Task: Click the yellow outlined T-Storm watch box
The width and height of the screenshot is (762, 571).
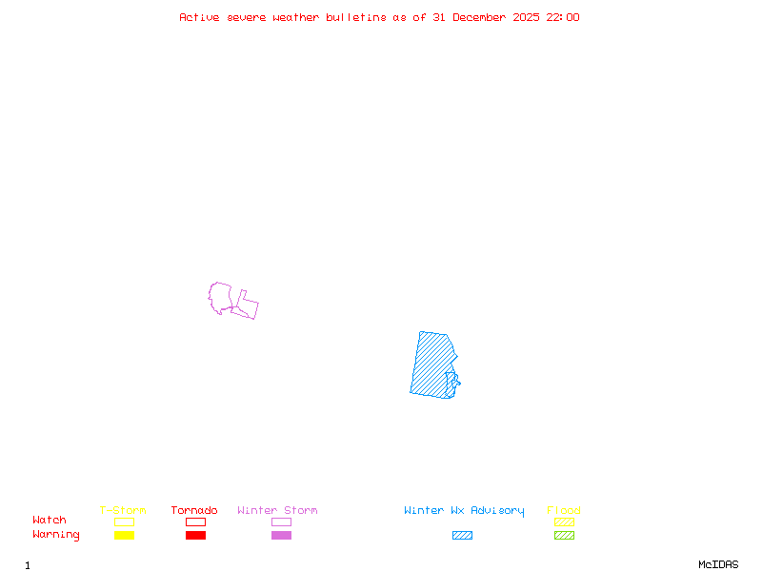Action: (124, 522)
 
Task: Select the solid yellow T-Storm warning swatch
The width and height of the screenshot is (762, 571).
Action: (124, 535)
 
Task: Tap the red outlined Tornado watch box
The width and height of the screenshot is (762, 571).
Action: (195, 522)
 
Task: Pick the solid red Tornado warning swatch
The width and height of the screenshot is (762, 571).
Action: (195, 535)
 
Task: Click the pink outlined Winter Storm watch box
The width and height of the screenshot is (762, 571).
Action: (281, 522)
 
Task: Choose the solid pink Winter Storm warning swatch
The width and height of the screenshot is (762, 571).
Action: (281, 535)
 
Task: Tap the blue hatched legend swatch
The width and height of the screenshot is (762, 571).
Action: (462, 535)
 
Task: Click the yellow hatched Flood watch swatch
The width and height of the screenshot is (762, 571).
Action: (564, 522)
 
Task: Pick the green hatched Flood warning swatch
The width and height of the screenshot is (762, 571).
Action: (564, 535)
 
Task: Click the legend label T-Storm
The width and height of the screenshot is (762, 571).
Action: (123, 510)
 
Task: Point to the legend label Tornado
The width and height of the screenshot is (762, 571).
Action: (194, 510)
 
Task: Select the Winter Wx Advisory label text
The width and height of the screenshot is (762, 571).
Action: (464, 510)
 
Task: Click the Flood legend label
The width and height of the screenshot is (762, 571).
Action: (564, 510)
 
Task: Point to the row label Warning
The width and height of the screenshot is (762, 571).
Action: (56, 535)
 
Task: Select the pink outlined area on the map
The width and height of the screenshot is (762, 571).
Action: (220, 296)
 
